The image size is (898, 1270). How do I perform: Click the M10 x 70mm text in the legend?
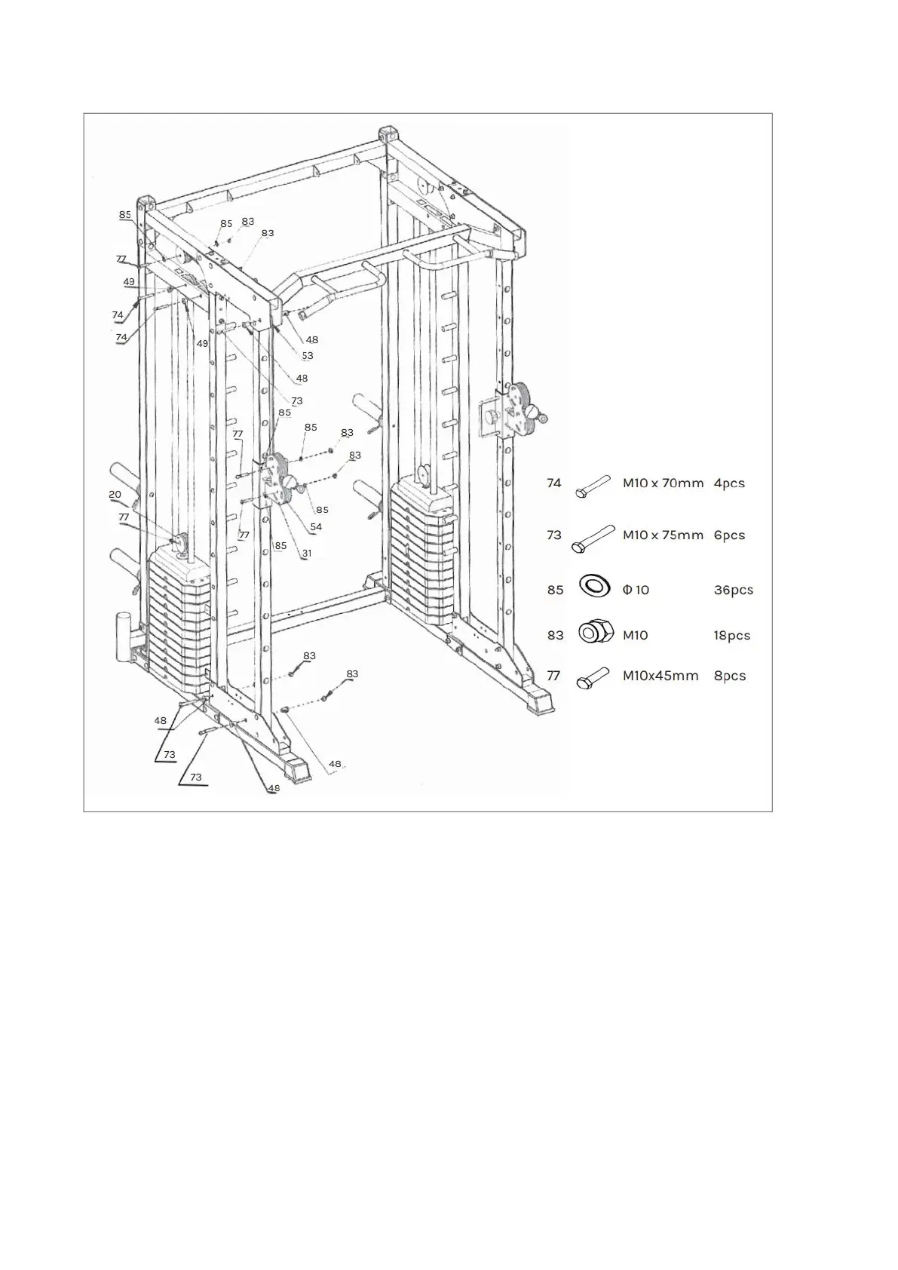tap(663, 483)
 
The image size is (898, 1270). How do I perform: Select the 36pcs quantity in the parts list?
tap(733, 590)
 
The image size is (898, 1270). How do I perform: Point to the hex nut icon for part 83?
tap(595, 632)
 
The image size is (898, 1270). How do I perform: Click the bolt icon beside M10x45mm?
tap(592, 677)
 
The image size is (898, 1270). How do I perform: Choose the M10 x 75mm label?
tap(663, 535)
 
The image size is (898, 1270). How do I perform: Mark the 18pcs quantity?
tap(731, 635)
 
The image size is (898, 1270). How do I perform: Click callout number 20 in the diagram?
tap(115, 495)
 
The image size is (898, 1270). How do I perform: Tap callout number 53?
tap(307, 356)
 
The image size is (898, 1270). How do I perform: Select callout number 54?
tap(316, 527)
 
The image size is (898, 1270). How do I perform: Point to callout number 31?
tap(307, 553)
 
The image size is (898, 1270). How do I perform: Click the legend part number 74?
tap(554, 483)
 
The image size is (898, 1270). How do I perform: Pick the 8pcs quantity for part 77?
tap(729, 676)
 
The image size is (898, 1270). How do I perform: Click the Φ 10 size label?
tap(636, 590)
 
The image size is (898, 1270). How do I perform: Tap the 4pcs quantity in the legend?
tap(729, 483)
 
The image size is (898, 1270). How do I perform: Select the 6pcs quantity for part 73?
tap(729, 535)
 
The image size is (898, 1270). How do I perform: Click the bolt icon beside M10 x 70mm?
tap(593, 485)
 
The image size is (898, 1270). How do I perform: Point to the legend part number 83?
tap(555, 635)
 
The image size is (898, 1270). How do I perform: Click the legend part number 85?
tap(555, 590)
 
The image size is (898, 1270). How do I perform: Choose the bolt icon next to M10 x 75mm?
tap(593, 538)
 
